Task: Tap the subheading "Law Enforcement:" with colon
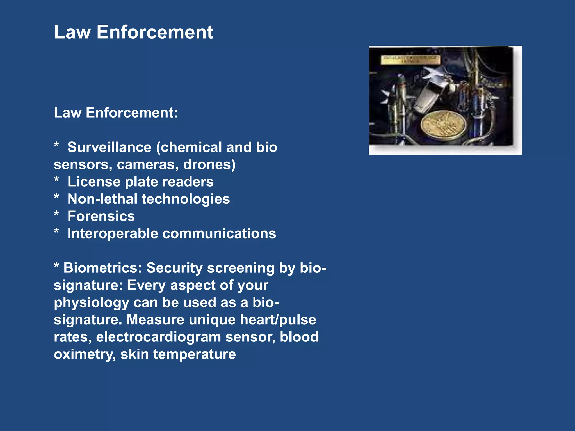click(116, 113)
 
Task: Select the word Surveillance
click(109, 147)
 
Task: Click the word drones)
click(209, 164)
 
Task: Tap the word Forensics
click(101, 216)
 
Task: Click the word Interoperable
click(113, 233)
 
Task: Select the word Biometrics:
click(102, 268)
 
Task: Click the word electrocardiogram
click(158, 337)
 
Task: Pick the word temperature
click(194, 354)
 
